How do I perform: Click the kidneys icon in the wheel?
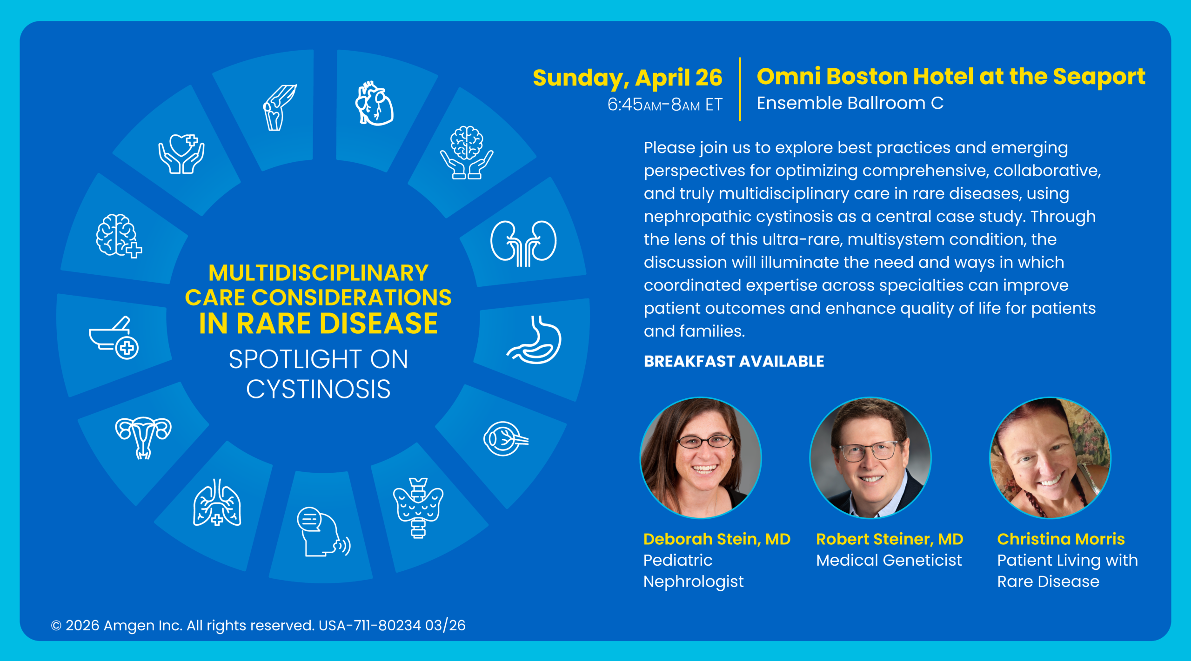tap(523, 244)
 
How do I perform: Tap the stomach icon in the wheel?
tap(535, 339)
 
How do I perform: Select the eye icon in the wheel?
tap(506, 438)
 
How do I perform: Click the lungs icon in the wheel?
tap(217, 502)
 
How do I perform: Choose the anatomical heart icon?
tap(374, 103)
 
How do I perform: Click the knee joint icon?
tap(280, 107)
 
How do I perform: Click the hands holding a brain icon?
tap(467, 152)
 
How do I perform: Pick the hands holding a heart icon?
tap(181, 154)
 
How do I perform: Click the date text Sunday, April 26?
tap(628, 78)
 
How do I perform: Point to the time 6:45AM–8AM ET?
tap(665, 105)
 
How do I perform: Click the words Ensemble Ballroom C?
tap(850, 103)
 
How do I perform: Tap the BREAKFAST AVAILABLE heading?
tap(734, 361)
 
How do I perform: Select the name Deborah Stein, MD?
tap(717, 539)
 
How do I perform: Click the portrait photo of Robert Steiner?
tap(870, 458)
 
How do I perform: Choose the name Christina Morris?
tap(1061, 539)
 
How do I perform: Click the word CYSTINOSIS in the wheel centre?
tap(318, 389)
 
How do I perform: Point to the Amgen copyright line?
tap(258, 625)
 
